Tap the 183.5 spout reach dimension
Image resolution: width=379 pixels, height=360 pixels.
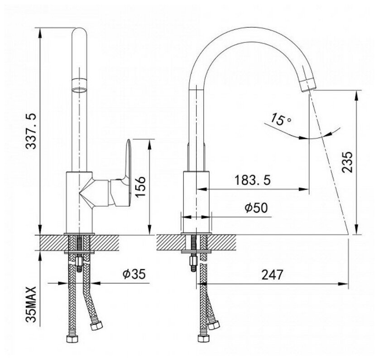253,180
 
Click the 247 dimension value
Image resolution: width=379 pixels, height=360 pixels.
272,275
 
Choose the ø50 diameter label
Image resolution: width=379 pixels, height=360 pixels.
256,208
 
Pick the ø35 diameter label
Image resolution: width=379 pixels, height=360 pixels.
133,275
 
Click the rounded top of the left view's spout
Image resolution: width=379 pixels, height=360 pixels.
80,32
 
